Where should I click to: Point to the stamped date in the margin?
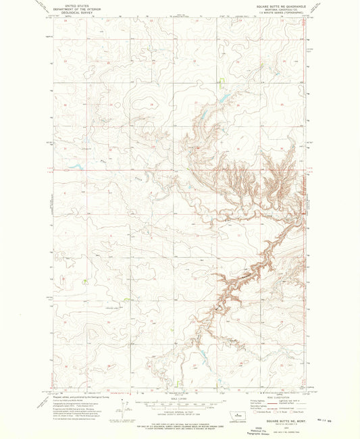[341, 423]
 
